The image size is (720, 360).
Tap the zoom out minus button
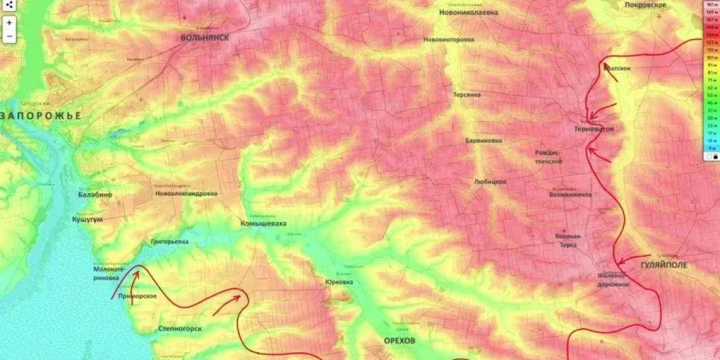10,36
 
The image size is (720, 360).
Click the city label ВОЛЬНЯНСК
205,38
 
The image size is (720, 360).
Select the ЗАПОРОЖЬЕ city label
41,116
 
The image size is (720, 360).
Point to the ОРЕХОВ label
400,340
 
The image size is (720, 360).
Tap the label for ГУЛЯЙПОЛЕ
664,265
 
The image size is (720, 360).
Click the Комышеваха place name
263,223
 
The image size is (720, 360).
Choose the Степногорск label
180,328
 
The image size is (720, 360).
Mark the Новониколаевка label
468,12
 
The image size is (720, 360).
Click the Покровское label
645,5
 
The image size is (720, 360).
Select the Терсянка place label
467,95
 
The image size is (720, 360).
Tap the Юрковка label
339,282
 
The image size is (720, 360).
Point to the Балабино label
95,195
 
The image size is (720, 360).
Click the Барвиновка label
484,140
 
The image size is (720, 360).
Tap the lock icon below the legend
715,157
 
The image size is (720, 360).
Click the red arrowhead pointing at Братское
606,65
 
